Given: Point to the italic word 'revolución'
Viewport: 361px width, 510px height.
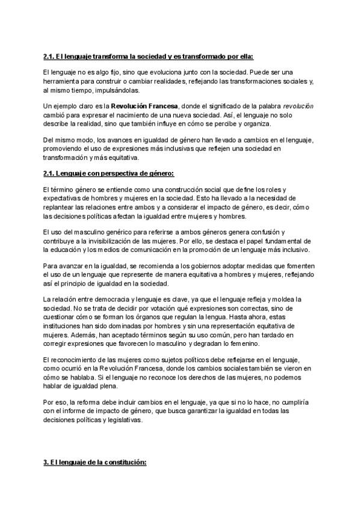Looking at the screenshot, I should (x=297, y=106).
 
